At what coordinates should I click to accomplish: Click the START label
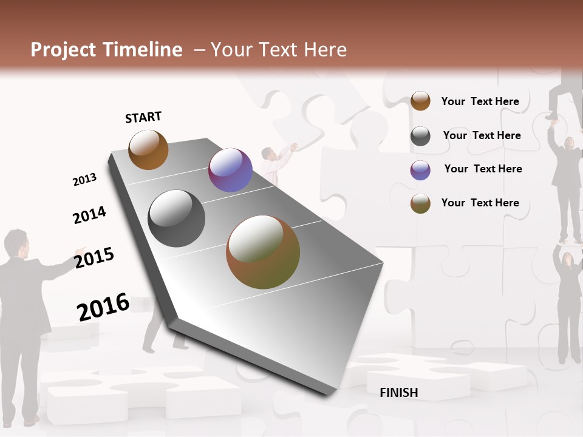tap(143, 117)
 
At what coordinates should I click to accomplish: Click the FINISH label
tap(398, 393)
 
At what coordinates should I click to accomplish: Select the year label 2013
tap(84, 180)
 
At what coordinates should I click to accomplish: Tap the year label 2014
tap(89, 215)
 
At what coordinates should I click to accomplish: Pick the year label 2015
tap(94, 258)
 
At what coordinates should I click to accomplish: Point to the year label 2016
tap(103, 307)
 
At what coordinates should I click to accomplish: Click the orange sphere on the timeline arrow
tap(148, 149)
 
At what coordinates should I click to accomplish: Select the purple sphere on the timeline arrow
tap(230, 170)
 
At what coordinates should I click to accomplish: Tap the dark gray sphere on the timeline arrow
tap(177, 218)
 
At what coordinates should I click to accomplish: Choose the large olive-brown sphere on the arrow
tap(263, 252)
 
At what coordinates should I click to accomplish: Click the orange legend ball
tap(420, 101)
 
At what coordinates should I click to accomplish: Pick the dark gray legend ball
tap(420, 136)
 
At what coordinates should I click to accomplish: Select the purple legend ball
tap(420, 170)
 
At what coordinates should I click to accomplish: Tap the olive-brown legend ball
tap(420, 203)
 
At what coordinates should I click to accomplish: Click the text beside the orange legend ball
tap(480, 101)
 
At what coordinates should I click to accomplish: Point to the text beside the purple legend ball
tap(483, 169)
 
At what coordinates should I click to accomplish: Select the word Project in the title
tap(64, 50)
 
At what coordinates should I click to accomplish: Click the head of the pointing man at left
tap(16, 243)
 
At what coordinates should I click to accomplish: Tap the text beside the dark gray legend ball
tap(482, 135)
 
